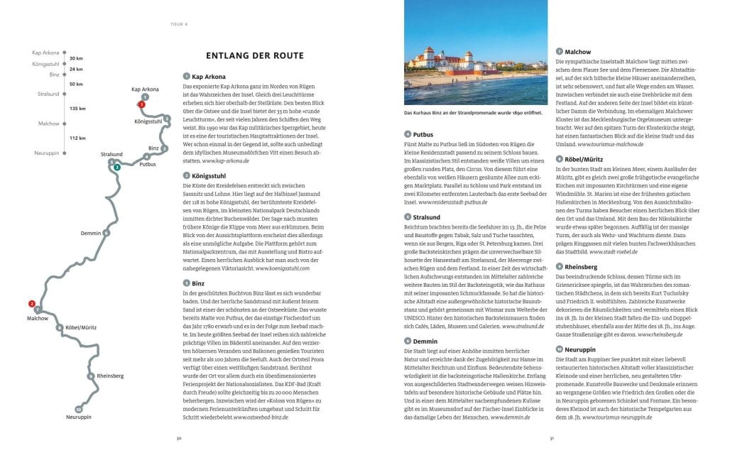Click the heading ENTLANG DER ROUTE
(x=254, y=55)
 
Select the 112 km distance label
(x=77, y=138)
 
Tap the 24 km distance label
(x=76, y=69)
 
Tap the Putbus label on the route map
(x=148, y=164)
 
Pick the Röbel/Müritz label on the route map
(x=81, y=328)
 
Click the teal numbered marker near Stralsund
(x=117, y=168)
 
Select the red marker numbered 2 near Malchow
(x=31, y=304)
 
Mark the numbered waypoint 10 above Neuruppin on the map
(x=78, y=409)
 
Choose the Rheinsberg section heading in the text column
(x=582, y=267)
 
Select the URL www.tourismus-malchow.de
(x=610, y=144)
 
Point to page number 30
(x=179, y=438)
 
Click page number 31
(x=551, y=438)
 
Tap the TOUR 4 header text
(x=178, y=23)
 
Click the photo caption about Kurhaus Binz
(x=472, y=113)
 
